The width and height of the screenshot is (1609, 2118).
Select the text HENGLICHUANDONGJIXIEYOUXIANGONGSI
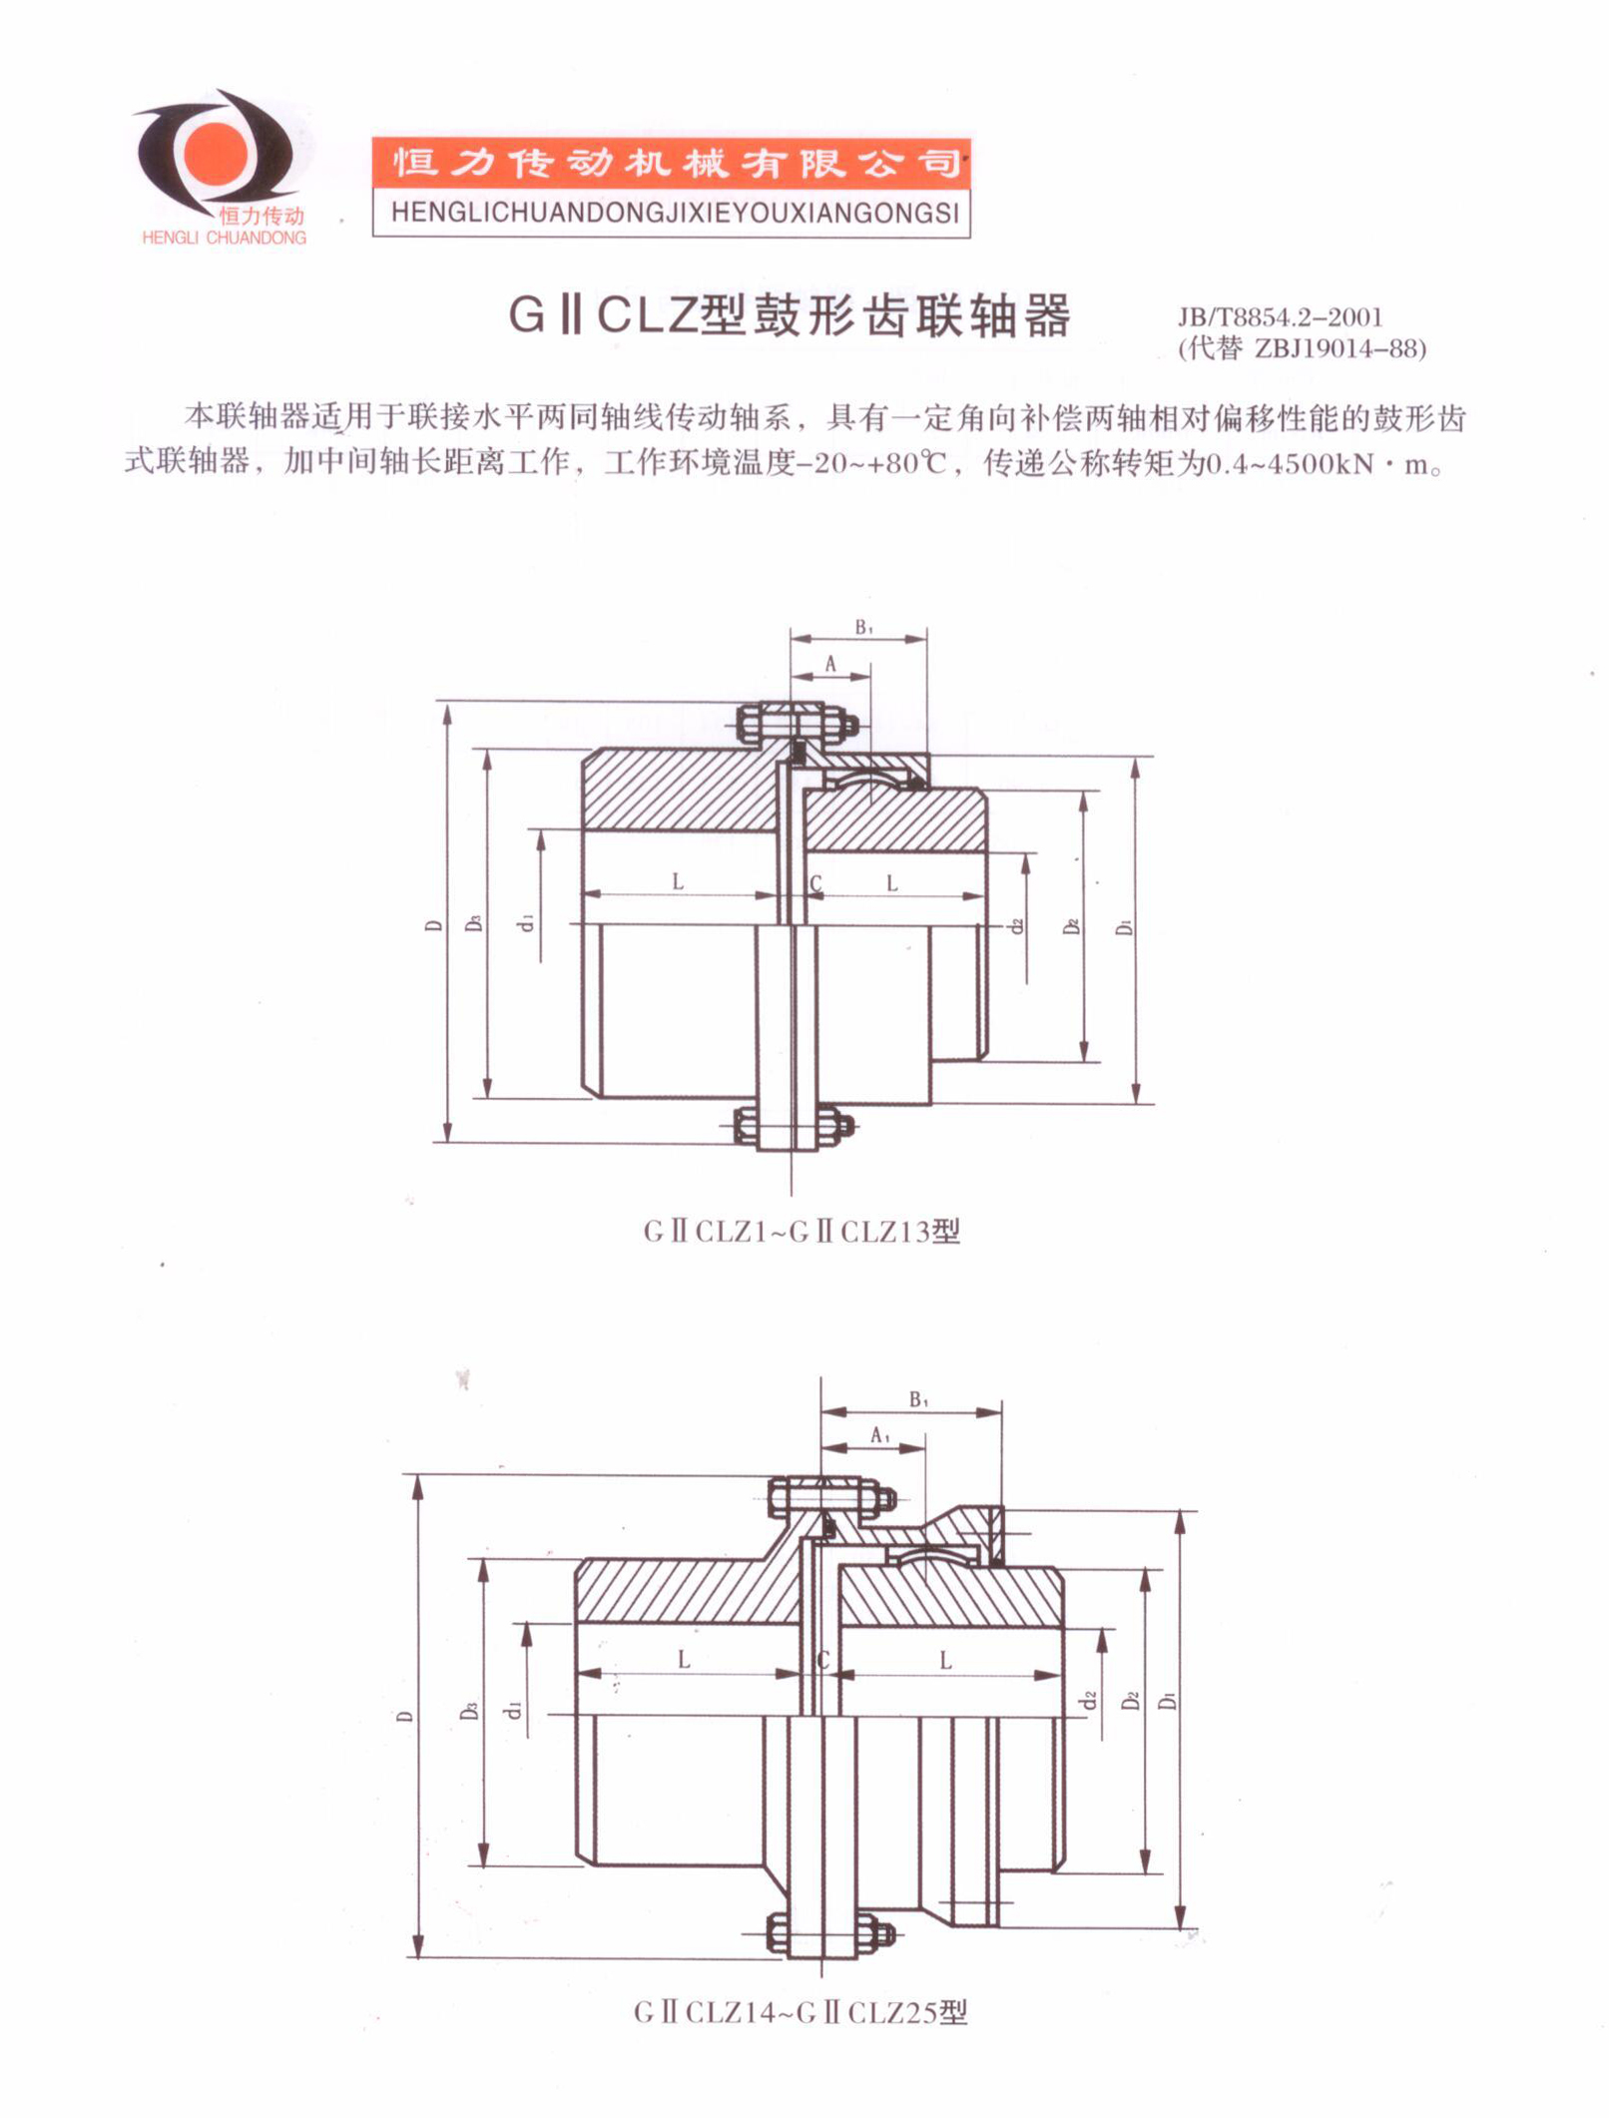(671, 213)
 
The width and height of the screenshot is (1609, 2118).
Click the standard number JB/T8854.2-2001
(1280, 317)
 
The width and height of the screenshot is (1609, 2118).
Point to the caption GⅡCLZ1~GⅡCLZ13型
(802, 1232)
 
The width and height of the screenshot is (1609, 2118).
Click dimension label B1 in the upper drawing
(863, 627)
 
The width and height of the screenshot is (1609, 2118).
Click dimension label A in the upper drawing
(830, 664)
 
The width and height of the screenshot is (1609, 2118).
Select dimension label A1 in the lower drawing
(879, 1435)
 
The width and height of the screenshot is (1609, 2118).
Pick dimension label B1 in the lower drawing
(918, 1400)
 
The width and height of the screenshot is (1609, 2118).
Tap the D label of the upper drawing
(433, 925)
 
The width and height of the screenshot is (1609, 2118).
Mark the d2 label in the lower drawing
(1090, 1699)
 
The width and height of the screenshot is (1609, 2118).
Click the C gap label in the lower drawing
(823, 1660)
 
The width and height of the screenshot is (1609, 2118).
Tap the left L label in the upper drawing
(678, 881)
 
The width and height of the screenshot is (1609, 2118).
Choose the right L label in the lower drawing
(945, 1660)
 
